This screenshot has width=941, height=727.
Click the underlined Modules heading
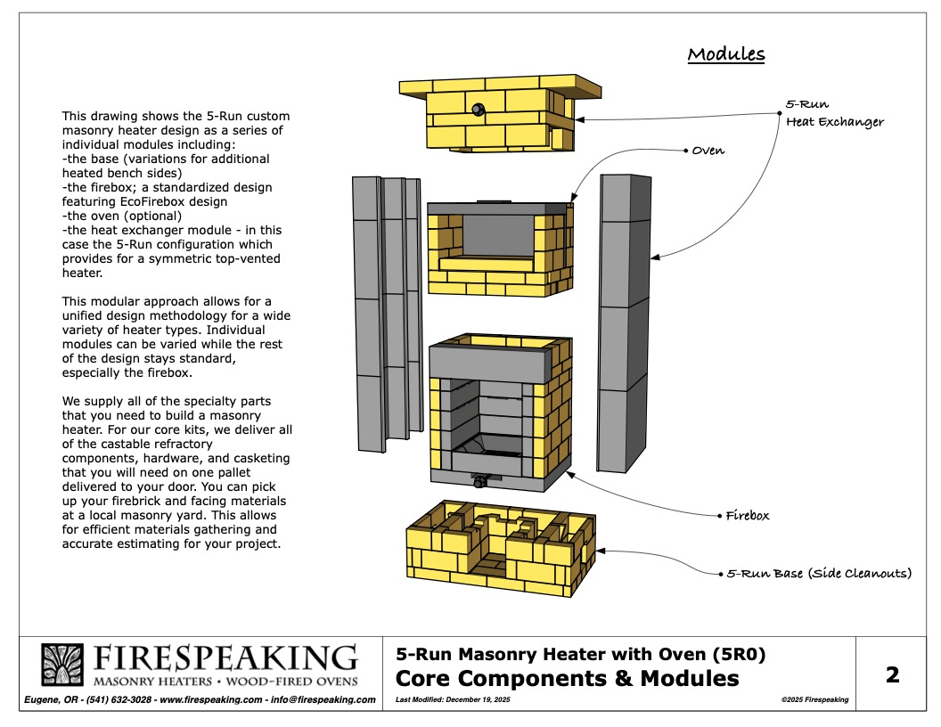pyautogui.click(x=725, y=54)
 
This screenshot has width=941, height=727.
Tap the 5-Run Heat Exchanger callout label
pyautogui.click(x=835, y=113)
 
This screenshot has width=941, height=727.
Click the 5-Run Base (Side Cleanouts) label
pyautogui.click(x=819, y=573)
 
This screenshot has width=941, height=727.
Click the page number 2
pyautogui.click(x=893, y=674)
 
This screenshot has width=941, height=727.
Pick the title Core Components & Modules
pyautogui.click(x=567, y=679)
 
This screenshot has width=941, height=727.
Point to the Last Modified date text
pyautogui.click(x=454, y=700)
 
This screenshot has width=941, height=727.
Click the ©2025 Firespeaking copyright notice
pyautogui.click(x=814, y=700)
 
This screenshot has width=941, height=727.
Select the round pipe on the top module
pyautogui.click(x=478, y=110)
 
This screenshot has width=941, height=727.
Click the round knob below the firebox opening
pyautogui.click(x=480, y=482)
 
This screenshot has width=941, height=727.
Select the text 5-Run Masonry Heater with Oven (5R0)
pyautogui.click(x=580, y=655)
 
